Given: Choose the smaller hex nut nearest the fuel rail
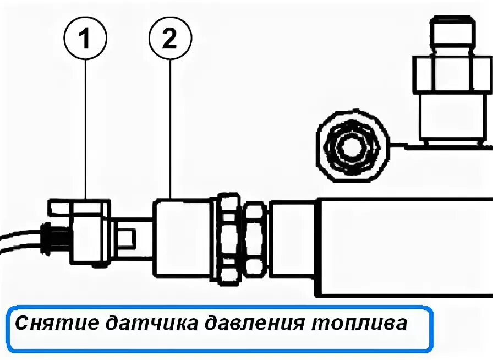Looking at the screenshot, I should click(255, 238).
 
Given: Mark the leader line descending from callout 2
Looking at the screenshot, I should click(170, 132).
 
